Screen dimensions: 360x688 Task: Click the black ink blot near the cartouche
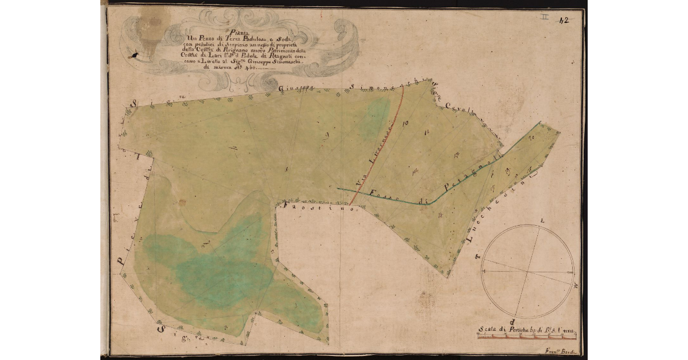[x=134, y=55]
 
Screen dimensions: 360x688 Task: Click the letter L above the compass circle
[x=542, y=220]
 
